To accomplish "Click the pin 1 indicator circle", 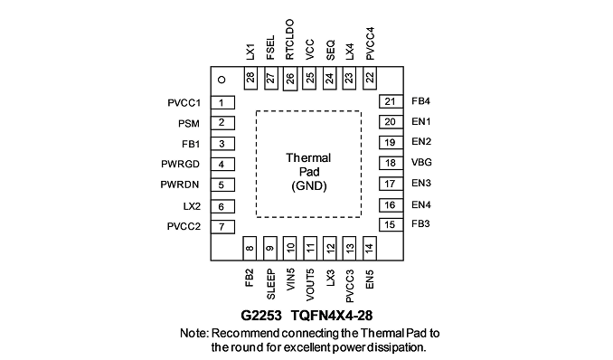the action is click(222, 80).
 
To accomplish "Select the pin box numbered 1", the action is click(222, 102).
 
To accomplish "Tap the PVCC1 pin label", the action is click(184, 103).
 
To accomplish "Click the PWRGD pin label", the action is click(180, 164).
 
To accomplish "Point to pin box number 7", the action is click(222, 226).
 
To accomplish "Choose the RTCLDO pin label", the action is click(289, 40).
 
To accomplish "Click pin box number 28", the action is click(250, 78).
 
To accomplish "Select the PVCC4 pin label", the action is click(370, 43).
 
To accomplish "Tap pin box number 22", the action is click(370, 78).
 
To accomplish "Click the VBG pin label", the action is click(421, 163).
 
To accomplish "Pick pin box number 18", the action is click(391, 163).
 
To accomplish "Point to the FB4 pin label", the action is click(420, 101).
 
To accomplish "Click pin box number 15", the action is click(391, 224).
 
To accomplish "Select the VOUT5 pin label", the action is click(310, 285).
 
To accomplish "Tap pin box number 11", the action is click(310, 248).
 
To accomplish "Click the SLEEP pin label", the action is click(270, 285).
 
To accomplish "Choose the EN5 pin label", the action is click(370, 279).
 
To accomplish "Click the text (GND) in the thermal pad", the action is click(309, 185).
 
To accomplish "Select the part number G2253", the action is click(260, 316).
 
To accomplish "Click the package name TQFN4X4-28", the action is click(332, 316).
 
